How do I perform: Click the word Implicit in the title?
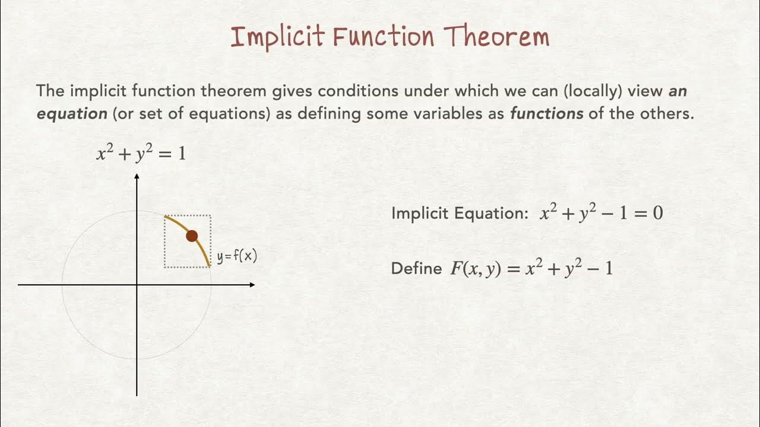point(277,37)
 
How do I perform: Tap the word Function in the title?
point(384,37)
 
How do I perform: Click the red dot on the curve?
point(191,236)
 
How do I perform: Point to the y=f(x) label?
point(237,257)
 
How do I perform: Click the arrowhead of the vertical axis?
point(137,177)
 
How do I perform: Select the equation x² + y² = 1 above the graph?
point(141,154)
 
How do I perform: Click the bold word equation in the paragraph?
point(72,114)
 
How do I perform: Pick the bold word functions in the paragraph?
point(546,114)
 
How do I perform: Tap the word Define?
point(416,269)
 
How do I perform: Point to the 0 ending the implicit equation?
point(658,213)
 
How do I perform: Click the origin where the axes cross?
point(137,285)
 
